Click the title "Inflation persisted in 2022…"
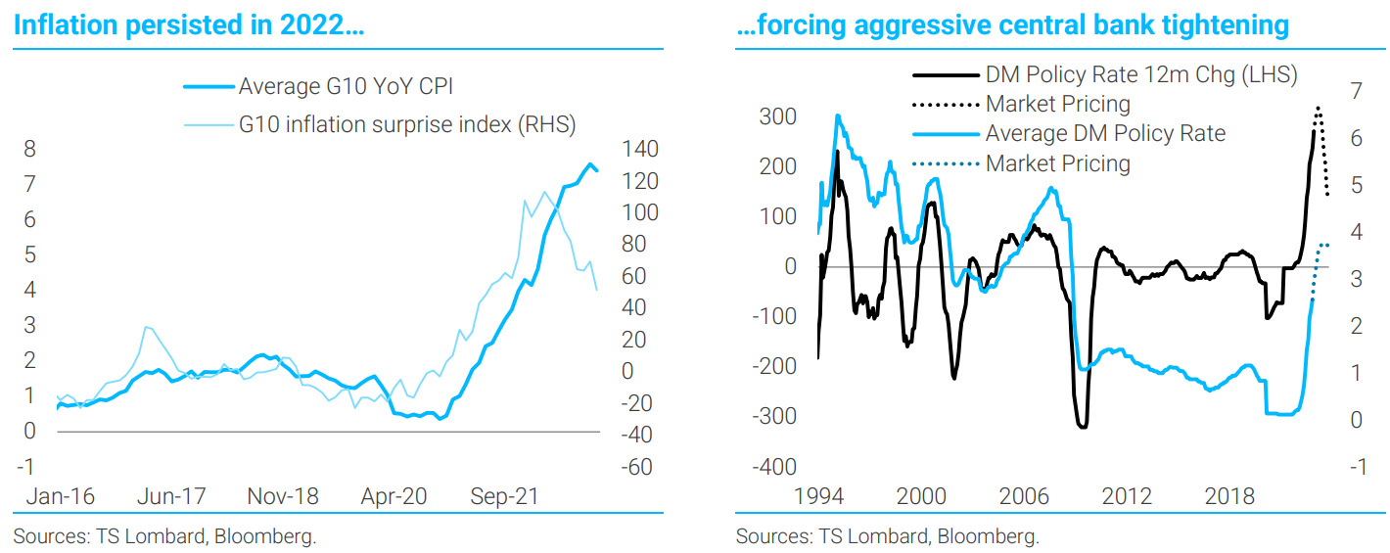[190, 25]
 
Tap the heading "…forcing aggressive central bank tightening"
[1012, 25]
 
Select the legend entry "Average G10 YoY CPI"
[346, 87]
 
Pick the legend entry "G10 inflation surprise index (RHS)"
[407, 124]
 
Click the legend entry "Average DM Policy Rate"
[1105, 133]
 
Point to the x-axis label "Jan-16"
[60, 496]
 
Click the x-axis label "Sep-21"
[504, 496]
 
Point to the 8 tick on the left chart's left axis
[30, 150]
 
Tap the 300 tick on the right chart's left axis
[778, 116]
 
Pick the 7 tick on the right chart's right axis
[1356, 91]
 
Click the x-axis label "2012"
[1127, 496]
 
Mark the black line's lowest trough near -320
[1082, 427]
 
